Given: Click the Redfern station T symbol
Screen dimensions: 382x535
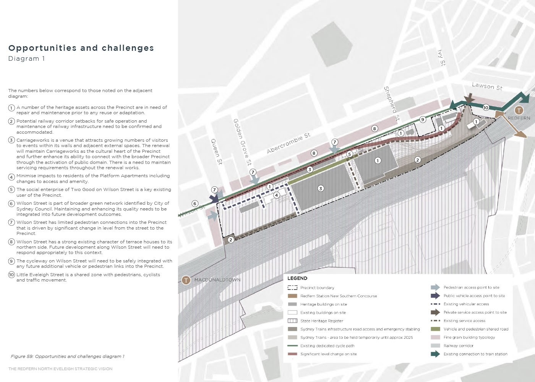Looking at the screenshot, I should pyautogui.click(x=519, y=111).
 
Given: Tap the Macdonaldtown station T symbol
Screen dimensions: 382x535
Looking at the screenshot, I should pyautogui.click(x=186, y=280).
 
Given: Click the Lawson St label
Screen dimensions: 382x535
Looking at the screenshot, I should pyautogui.click(x=487, y=87).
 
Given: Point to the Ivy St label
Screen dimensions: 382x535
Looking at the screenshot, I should pyautogui.click(x=441, y=58).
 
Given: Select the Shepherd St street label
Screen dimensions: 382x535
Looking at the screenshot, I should pyautogui.click(x=392, y=104).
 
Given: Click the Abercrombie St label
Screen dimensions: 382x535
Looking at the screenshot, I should pyautogui.click(x=289, y=143).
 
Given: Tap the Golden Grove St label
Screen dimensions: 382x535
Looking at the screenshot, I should pyautogui.click(x=243, y=142).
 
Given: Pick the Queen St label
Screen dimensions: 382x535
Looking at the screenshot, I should pyautogui.click(x=216, y=151).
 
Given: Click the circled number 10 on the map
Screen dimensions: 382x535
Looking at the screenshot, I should pyautogui.click(x=486, y=108).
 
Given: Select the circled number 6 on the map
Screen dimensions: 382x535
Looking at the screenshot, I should pyautogui.click(x=195, y=204).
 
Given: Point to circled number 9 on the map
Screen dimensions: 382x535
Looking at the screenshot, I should pyautogui.click(x=422, y=119).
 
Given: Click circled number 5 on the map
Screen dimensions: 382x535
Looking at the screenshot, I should pyautogui.click(x=349, y=154).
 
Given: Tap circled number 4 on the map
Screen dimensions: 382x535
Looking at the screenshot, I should pyautogui.click(x=276, y=195).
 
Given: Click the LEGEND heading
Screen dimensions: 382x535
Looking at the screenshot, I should pyautogui.click(x=297, y=278).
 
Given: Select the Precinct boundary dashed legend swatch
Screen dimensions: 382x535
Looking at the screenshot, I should pyautogui.click(x=292, y=288).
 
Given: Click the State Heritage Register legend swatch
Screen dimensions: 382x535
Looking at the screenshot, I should pyautogui.click(x=292, y=321).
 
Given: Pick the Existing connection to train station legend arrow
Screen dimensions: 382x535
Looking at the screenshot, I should pyautogui.click(x=435, y=354).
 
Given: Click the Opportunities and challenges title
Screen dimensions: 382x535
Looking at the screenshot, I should pyautogui.click(x=81, y=48).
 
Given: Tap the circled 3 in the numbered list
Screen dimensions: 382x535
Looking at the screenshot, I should pyautogui.click(x=11, y=140).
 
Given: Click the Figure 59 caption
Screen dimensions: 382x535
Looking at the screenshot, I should pyautogui.click(x=68, y=356).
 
